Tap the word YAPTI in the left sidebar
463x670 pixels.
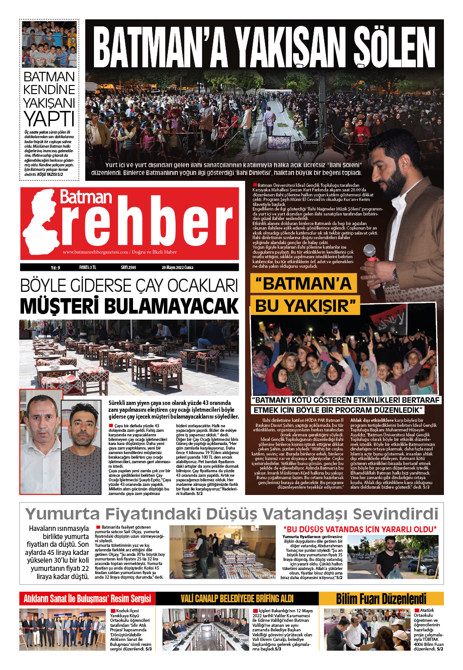[49, 119]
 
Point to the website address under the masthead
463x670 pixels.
[120, 252]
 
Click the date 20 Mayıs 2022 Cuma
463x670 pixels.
[177, 267]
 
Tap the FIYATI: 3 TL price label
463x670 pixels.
[88, 267]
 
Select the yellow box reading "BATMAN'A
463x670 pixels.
[304, 284]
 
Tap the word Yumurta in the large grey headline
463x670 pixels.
[63, 514]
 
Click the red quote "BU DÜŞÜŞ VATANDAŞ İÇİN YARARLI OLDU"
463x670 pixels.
[360, 529]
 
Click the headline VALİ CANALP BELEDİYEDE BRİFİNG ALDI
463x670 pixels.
[237, 599]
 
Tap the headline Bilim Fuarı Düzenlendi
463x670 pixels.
[381, 599]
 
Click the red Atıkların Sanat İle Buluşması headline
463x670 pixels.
[87, 599]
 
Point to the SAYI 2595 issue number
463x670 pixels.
[128, 267]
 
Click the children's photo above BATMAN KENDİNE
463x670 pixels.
[49, 44]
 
